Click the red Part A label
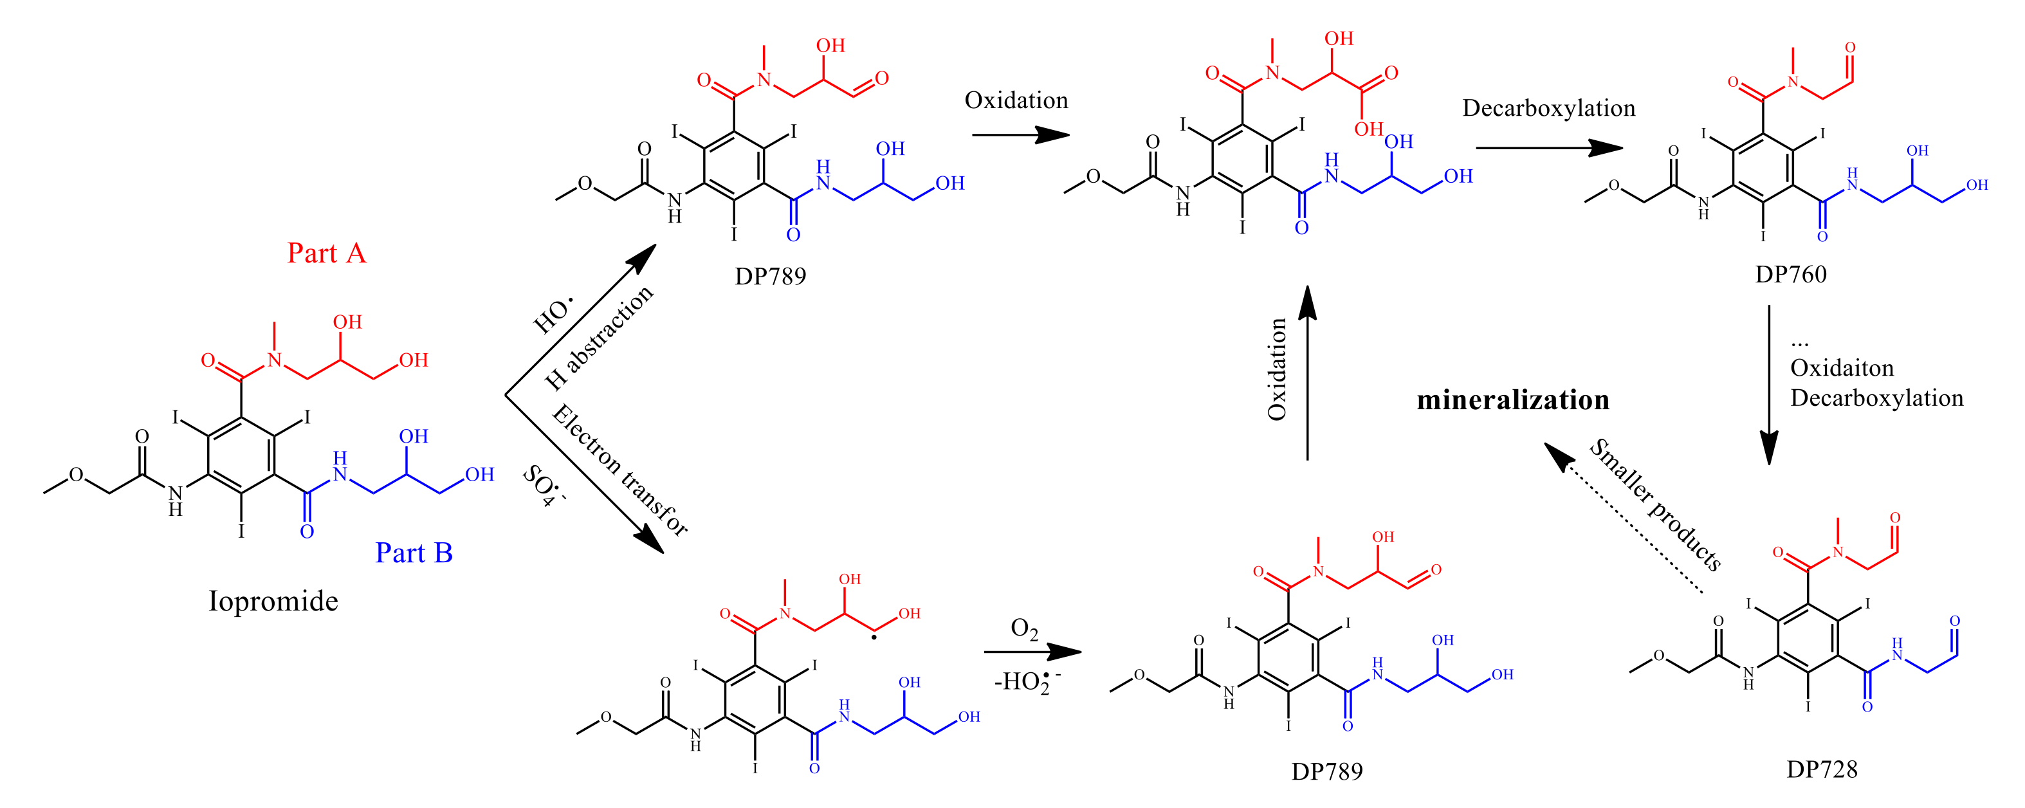click(x=326, y=253)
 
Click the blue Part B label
click(x=414, y=553)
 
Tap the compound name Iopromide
click(x=273, y=601)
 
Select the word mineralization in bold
click(x=1512, y=400)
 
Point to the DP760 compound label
click(x=1790, y=274)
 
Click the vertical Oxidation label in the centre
click(x=1278, y=369)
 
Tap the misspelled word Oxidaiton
click(x=1841, y=368)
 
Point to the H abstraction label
click(x=599, y=338)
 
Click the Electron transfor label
click(x=619, y=470)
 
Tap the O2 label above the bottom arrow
click(x=1023, y=629)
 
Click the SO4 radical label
click(x=543, y=486)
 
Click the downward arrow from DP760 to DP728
click(x=1769, y=385)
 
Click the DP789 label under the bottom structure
click(x=1326, y=772)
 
